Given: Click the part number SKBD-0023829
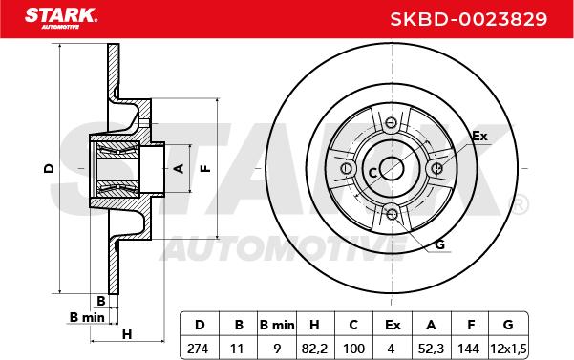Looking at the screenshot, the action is (x=469, y=19).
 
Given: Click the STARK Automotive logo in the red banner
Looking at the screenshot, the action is (x=61, y=18).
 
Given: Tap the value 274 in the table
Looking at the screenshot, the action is (x=198, y=349).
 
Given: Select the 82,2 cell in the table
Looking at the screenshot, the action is (x=314, y=349).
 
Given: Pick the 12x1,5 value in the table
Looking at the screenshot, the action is (x=508, y=349).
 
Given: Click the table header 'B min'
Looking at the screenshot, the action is (x=277, y=325).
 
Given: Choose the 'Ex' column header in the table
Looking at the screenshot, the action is (x=393, y=325).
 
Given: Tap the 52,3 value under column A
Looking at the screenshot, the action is (x=432, y=349).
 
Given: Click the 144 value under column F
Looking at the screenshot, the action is (x=469, y=349).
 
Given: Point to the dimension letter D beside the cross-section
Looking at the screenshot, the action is (x=49, y=168).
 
